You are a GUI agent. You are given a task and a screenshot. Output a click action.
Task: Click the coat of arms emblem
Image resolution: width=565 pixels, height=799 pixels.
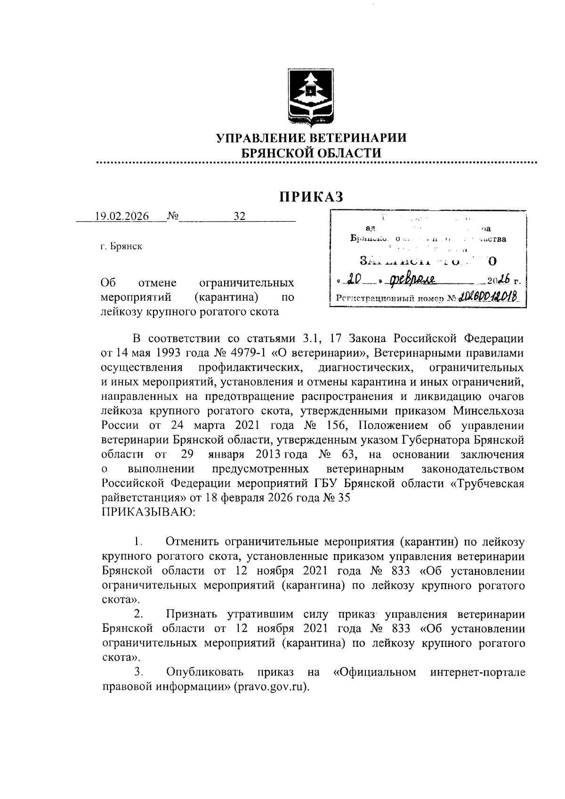309,98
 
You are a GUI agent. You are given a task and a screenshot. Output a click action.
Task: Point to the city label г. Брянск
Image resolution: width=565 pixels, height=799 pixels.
121,247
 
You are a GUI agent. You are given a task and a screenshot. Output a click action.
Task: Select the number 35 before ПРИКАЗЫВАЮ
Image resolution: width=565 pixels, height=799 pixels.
343,498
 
